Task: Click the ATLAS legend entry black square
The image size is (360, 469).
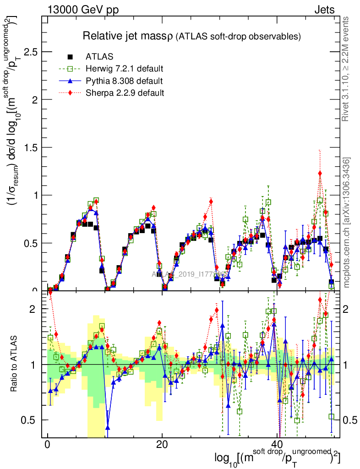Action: pos(70,57)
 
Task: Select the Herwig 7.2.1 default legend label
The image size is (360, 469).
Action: pos(125,69)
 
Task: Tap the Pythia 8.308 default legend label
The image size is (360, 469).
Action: pos(124,81)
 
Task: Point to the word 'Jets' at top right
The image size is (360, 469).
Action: pos(324,10)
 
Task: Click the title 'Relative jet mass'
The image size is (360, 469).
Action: pos(128,35)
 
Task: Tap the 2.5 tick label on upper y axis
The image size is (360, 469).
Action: pos(30,52)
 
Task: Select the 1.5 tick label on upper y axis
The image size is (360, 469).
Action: pos(30,147)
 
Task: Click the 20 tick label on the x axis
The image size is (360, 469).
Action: pos(162,445)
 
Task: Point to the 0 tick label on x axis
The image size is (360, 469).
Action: pos(48,445)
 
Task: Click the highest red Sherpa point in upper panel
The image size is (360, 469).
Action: pos(320,173)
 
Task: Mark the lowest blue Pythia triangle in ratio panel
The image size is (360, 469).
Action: pos(108,427)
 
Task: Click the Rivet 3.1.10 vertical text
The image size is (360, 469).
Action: pos(346,69)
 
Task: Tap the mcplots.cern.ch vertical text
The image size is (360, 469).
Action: pos(347,222)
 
